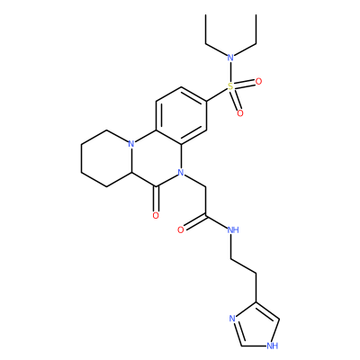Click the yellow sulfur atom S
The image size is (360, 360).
[230, 86]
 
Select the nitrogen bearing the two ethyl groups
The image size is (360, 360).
[230, 58]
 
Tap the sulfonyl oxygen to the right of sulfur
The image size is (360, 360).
[258, 81]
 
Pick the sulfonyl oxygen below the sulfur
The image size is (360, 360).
[240, 113]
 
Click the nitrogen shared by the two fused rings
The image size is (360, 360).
[130, 144]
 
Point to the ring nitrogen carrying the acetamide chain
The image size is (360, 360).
[181, 173]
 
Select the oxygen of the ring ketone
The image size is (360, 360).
[156, 215]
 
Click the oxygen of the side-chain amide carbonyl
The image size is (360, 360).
[181, 230]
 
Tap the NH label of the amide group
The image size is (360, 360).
[233, 230]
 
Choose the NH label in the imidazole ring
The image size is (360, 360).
[273, 346]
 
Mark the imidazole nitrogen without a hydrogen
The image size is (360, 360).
[232, 319]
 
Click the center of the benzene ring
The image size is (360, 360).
[181, 115]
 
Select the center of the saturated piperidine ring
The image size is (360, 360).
[106, 158]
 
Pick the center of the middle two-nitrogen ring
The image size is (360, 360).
[156, 158]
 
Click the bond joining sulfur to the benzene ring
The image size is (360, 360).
[217, 94]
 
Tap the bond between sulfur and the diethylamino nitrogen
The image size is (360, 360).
[230, 72]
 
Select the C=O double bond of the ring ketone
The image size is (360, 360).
[156, 199]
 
